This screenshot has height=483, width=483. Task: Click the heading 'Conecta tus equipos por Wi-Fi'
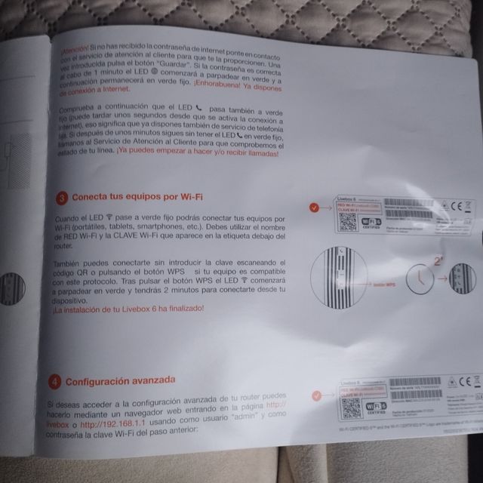pyautogui.click(x=139, y=198)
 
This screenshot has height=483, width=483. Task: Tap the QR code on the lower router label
pyautogui.click(x=349, y=408)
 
